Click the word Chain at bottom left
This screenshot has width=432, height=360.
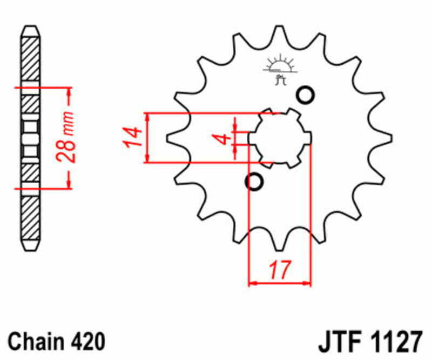pyautogui.click(x=36, y=342)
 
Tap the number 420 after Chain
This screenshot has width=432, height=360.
pyautogui.click(x=86, y=342)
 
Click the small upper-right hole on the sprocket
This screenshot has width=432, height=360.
pyautogui.click(x=305, y=95)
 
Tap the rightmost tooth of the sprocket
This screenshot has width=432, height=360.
pyautogui.click(x=386, y=138)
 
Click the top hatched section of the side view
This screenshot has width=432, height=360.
pyautogui.click(x=31, y=59)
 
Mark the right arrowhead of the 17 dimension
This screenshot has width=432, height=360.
pyautogui.click(x=308, y=282)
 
